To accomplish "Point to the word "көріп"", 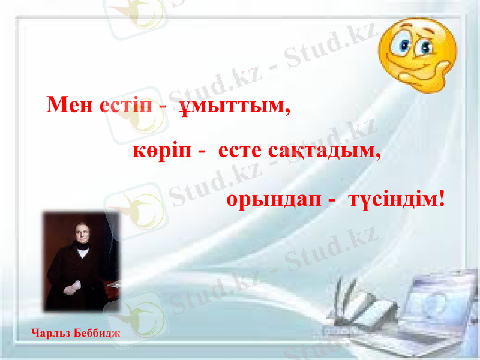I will [x=161, y=151].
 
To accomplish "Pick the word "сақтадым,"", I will [x=325, y=151].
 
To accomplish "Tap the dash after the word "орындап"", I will [x=331, y=198].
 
